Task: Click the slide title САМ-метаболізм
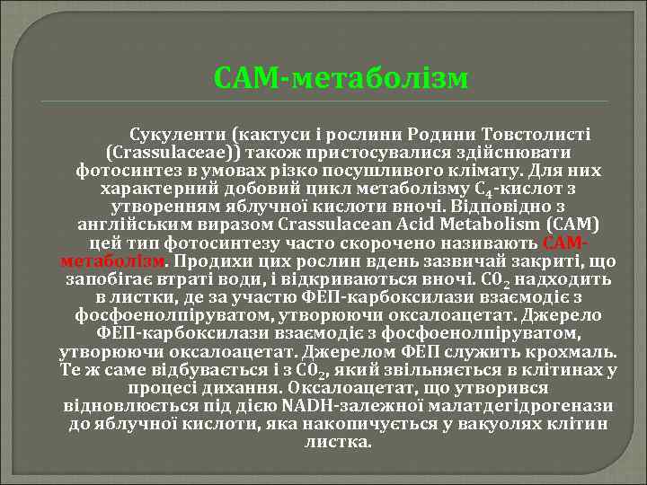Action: [x=341, y=78]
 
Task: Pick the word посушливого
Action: [x=443, y=170]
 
